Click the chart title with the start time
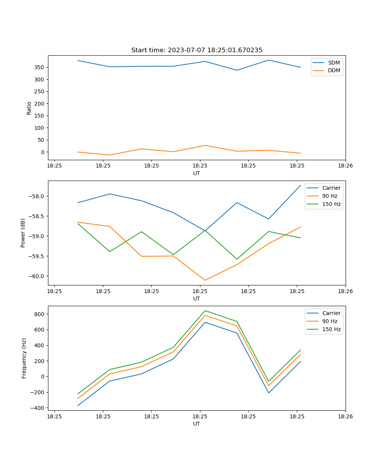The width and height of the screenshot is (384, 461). pos(197,50)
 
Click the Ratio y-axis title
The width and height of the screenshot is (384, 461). pos(29,108)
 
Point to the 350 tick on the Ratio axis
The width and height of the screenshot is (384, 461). pos(40,67)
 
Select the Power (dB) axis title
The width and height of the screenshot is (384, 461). pos(23,233)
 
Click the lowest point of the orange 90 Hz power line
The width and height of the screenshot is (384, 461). pos(205,280)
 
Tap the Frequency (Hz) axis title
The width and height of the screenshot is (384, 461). pos(24,358)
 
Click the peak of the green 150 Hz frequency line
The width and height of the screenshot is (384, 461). pos(205,310)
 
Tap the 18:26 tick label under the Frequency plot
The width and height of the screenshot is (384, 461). pos(345,416)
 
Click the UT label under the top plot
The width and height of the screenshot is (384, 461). pos(197,173)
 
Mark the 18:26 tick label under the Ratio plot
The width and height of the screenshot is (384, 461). pos(345,166)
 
